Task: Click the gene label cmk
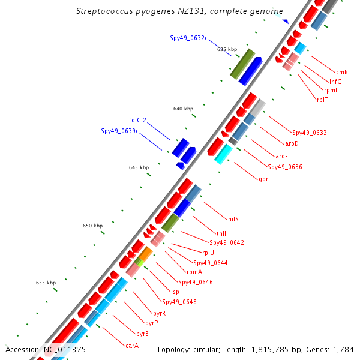[x=342, y=73]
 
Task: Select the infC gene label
[x=335, y=82]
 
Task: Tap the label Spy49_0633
[x=309, y=133]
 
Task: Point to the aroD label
[x=292, y=143]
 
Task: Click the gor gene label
[x=263, y=179]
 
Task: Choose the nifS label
[x=233, y=219]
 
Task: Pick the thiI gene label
[x=221, y=233]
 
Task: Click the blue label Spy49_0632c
[x=188, y=38]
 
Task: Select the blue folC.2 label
[x=137, y=120]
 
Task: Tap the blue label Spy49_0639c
[x=119, y=131]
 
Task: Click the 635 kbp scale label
[x=227, y=49]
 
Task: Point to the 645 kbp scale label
[x=139, y=167]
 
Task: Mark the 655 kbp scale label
[x=46, y=283]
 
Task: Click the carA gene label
[x=132, y=345]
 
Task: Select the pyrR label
[x=160, y=313]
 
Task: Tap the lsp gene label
[x=175, y=292]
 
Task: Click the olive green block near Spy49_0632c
[x=243, y=64]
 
